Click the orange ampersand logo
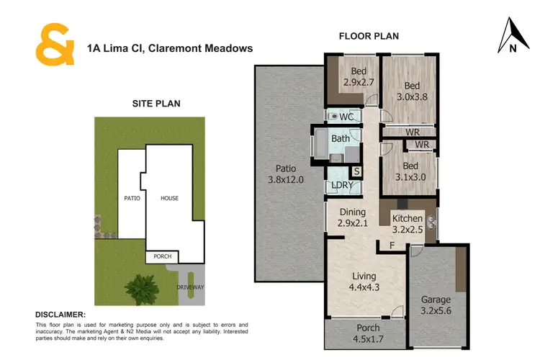(55, 45)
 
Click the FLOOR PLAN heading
(369, 36)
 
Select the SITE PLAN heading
(156, 104)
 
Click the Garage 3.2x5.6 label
(436, 305)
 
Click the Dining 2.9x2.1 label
(353, 218)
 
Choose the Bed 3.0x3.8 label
(412, 89)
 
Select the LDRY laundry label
(341, 185)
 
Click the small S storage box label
(356, 171)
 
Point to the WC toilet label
(346, 117)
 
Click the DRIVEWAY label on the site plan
(191, 287)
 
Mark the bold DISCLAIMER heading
(60, 315)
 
